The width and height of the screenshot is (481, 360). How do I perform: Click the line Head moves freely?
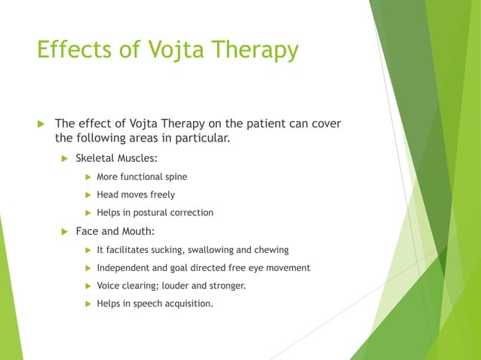click(136, 195)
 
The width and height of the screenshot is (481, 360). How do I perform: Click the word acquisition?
click(187, 304)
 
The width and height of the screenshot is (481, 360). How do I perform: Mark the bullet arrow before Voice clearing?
click(87, 286)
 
